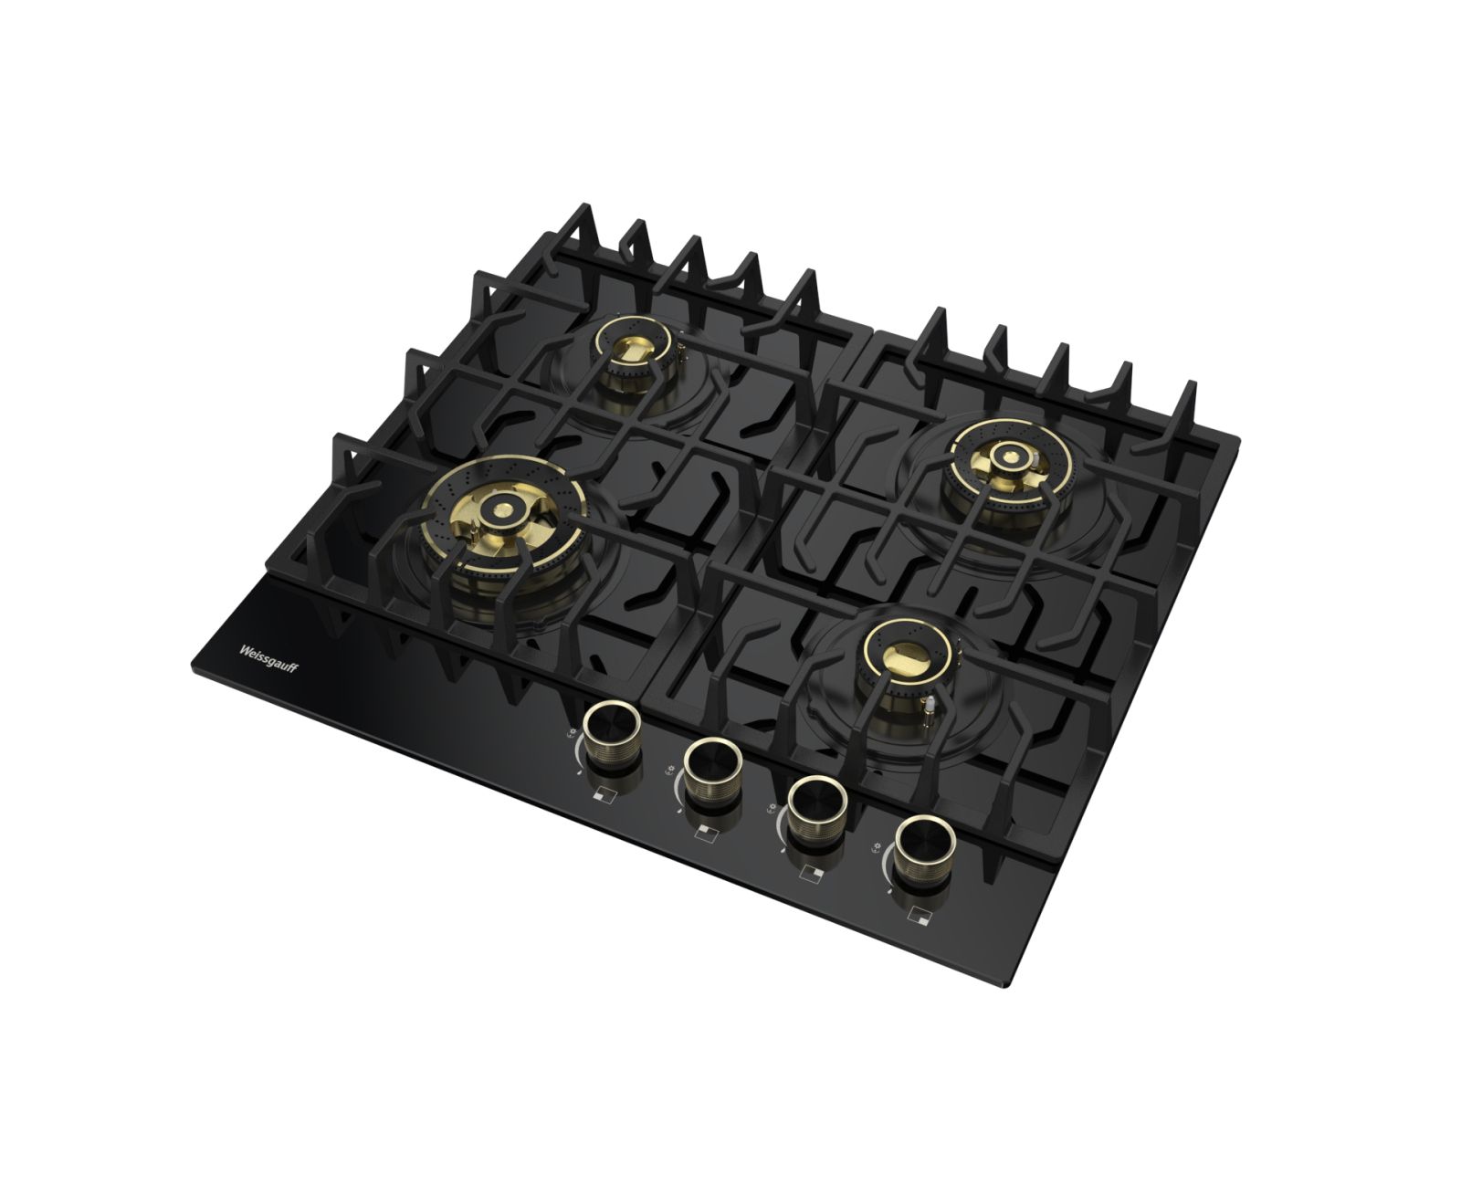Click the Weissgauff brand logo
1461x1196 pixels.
click(x=268, y=658)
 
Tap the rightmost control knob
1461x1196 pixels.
click(x=924, y=853)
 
